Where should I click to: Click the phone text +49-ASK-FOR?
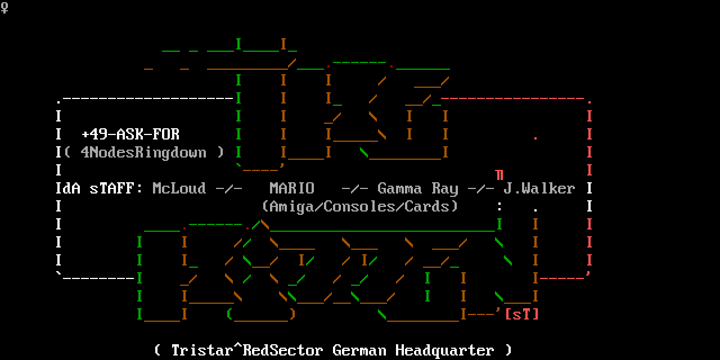[x=130, y=134]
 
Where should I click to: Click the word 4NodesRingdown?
[x=144, y=152]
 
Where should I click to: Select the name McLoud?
[x=179, y=188]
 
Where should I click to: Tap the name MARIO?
[x=292, y=188]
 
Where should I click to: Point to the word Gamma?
[x=400, y=188]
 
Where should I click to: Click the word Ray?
[x=445, y=188]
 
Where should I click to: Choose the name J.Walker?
[x=539, y=188]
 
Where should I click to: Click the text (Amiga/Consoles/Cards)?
[x=360, y=206]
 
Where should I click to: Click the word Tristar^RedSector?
[x=247, y=350]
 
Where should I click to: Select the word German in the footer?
[x=359, y=350]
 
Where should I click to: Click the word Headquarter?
[x=445, y=350]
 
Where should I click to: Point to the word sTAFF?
[x=112, y=188]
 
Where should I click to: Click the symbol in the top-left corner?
[x=4, y=8]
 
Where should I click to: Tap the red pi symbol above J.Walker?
[x=499, y=175]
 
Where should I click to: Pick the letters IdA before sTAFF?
[x=68, y=188]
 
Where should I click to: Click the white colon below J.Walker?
[x=499, y=206]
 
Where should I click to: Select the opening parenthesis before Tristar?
[x=157, y=350]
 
